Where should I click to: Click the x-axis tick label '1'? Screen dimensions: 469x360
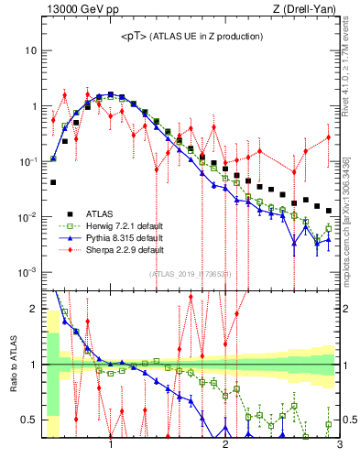pyautogui.click(x=111, y=446)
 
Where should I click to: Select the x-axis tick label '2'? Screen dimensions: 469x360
pyautogui.click(x=225, y=446)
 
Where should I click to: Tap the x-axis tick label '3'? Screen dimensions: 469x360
pyautogui.click(x=338, y=446)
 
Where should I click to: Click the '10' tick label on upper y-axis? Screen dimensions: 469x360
pyautogui.click(x=31, y=49)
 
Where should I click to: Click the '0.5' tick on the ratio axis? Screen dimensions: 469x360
pyautogui.click(x=29, y=420)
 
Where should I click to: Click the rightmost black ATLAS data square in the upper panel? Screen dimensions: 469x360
pyautogui.click(x=329, y=211)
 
